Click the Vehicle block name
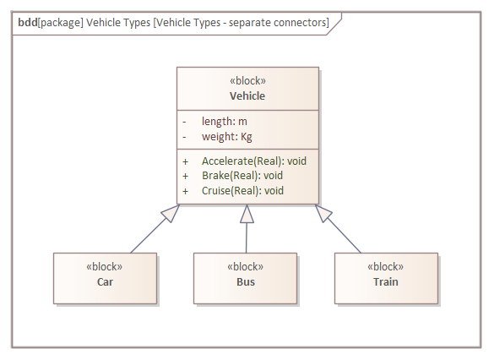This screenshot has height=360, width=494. pos(247,95)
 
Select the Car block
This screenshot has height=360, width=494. pos(106,278)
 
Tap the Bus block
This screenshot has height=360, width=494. pos(246,278)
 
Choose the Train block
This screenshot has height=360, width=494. pos(386,278)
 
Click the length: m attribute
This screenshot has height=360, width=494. pos(225,122)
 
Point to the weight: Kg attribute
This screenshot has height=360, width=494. pos(227,137)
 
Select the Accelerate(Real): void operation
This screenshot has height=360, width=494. pos(254,161)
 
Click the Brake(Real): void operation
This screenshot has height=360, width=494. pos(242,176)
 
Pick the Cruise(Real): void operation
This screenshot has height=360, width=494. pos(242,191)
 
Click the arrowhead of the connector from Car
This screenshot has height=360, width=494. pos(171,213)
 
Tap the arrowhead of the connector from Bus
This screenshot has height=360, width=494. pos(247,214)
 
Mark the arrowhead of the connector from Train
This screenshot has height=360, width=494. pos(323,213)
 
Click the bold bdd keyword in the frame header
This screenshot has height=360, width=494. pos(28,23)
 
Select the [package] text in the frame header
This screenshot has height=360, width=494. pos(61,23)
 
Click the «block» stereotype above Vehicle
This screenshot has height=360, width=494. pos(247,80)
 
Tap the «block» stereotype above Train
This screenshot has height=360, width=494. pos(386,267)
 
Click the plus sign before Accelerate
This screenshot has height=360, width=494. pos(185,161)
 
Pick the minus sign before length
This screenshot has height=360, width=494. pos(184,122)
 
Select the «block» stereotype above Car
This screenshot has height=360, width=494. pos(105,267)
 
